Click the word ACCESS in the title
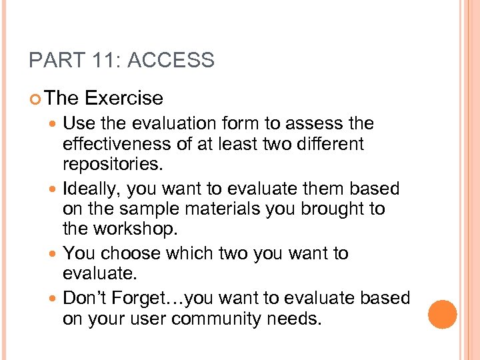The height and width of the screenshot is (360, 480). (x=171, y=61)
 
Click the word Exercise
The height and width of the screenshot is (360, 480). (x=124, y=98)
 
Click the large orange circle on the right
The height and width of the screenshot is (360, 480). (x=443, y=314)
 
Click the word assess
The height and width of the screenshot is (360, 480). (x=317, y=123)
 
